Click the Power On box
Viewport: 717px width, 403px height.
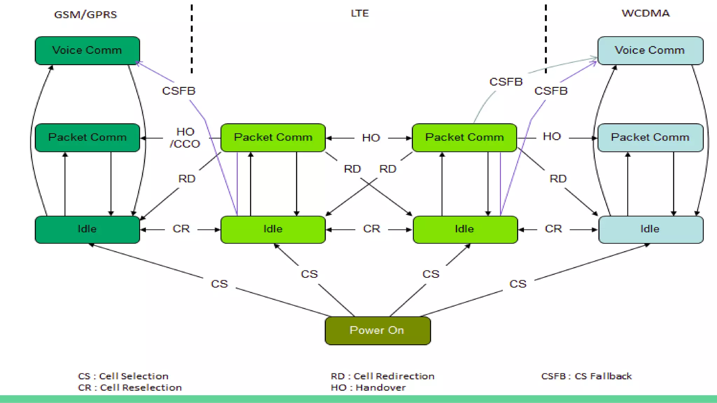click(377, 331)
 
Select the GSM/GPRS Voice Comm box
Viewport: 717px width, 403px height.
click(87, 50)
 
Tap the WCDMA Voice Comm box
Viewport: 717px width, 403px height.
click(650, 50)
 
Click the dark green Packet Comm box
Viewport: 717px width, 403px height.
click(87, 137)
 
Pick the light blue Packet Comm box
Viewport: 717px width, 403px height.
click(650, 137)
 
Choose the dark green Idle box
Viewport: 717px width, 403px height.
click(87, 229)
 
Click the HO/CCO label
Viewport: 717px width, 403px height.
click(185, 138)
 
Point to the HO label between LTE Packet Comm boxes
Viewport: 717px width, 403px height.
click(371, 138)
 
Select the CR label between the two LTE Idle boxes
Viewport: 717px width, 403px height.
click(371, 229)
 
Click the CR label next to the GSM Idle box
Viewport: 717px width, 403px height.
click(181, 229)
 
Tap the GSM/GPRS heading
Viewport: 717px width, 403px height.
click(85, 15)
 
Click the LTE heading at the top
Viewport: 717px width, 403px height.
click(360, 13)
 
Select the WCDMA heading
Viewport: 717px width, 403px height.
click(645, 13)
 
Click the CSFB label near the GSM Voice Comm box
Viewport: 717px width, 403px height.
click(179, 91)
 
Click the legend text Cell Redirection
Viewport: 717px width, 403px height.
click(394, 376)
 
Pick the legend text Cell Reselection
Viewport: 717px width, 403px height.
click(141, 388)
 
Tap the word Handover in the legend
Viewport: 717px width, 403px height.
click(381, 388)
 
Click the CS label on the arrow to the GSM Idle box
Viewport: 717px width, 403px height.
click(219, 284)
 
